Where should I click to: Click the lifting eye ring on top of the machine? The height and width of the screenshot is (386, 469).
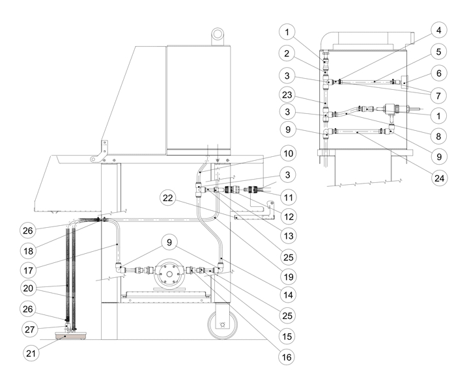coord(217,32)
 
